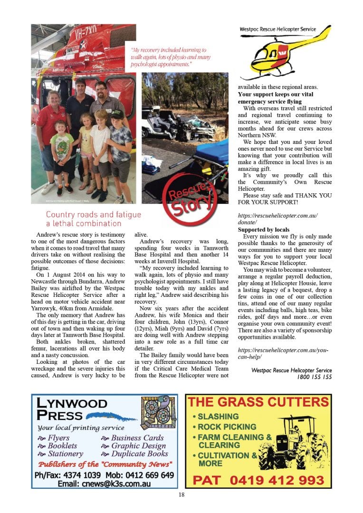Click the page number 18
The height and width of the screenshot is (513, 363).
pyautogui.click(x=181, y=494)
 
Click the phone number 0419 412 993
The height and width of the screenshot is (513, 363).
pyautogui.click(x=258, y=480)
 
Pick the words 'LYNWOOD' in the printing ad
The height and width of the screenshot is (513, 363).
pyautogui.click(x=72, y=404)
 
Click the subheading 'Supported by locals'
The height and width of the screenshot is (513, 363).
pyautogui.click(x=264, y=230)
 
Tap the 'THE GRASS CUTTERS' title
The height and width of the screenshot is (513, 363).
pyautogui.click(x=258, y=403)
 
